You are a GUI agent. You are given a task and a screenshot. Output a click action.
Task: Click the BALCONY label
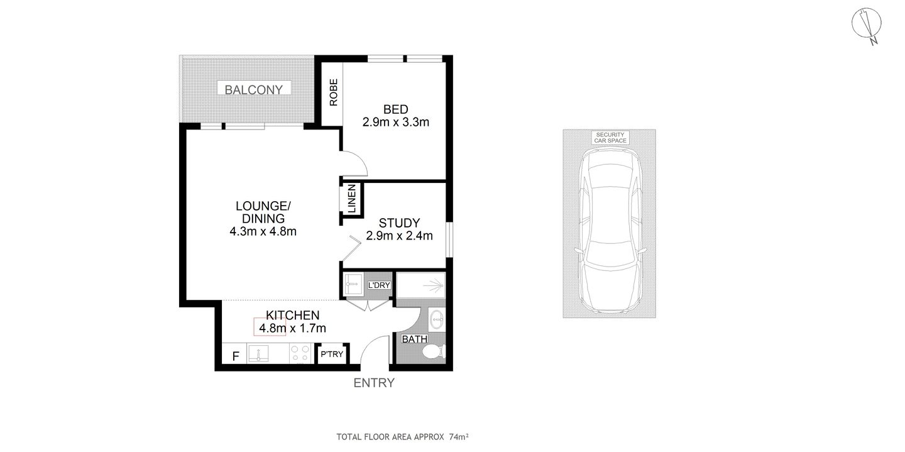(x=254, y=89)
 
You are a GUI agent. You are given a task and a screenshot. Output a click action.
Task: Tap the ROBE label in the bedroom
(x=334, y=91)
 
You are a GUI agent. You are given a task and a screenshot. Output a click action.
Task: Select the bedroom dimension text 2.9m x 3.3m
(x=395, y=123)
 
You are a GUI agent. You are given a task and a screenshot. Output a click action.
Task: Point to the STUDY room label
(x=399, y=223)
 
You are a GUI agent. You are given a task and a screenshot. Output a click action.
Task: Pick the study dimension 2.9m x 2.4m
(x=399, y=236)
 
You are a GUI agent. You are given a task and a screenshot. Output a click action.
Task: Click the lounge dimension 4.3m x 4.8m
(x=263, y=231)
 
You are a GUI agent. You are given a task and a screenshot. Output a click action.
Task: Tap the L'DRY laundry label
(x=380, y=285)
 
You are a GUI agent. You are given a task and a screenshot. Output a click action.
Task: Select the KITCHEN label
(x=293, y=315)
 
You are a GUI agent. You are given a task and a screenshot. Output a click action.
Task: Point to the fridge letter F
(x=236, y=356)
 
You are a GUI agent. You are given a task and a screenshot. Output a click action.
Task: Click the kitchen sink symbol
(x=259, y=354)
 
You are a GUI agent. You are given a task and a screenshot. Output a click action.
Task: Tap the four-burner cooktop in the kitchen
(x=300, y=354)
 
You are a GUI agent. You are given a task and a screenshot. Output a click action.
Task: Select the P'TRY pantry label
(x=332, y=355)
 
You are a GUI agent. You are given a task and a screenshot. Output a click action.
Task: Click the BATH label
(x=415, y=339)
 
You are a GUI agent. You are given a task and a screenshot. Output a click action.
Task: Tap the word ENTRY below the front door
(x=374, y=383)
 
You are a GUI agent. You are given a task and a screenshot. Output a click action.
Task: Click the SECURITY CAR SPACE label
(x=610, y=138)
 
